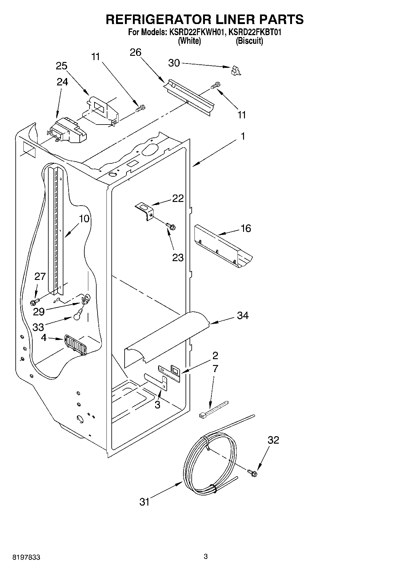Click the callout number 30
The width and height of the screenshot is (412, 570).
click(174, 63)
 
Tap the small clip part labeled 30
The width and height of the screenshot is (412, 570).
click(235, 71)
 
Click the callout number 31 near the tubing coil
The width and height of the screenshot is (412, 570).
click(144, 502)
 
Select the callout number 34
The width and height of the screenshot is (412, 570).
click(242, 315)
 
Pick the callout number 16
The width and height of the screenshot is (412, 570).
click(246, 228)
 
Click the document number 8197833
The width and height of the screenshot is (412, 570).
click(26, 557)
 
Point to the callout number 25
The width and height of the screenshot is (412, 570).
click(62, 66)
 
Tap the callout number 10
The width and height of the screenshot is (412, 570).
click(84, 219)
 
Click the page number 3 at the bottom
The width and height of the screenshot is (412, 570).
click(206, 556)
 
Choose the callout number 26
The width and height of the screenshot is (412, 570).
click(135, 52)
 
